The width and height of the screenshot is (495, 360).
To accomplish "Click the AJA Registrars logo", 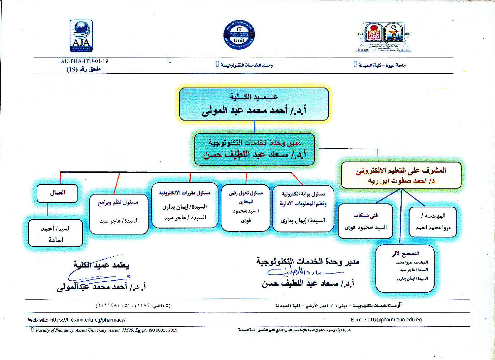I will click(x=81, y=36).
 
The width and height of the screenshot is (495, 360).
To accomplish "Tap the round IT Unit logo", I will click(x=239, y=35).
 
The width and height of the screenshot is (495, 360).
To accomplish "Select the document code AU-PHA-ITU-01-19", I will click(x=84, y=61).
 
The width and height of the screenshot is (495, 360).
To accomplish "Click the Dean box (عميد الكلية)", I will click(x=254, y=104).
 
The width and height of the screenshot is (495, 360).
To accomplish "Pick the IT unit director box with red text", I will click(x=254, y=149).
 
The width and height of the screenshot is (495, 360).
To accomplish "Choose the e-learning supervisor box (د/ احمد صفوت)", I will click(x=401, y=175).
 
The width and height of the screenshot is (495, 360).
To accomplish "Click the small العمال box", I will click(x=57, y=193).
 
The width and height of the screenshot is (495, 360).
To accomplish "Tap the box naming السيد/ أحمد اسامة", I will click(x=55, y=234).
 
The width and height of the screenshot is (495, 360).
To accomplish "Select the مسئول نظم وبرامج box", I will click(x=119, y=214).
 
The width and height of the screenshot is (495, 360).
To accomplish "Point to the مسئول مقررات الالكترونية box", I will click(x=185, y=205).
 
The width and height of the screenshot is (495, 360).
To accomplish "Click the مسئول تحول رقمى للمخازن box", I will click(x=246, y=207).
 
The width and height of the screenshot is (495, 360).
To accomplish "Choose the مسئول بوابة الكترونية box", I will click(x=303, y=208).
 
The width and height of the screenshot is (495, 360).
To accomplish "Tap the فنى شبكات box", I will click(x=365, y=221).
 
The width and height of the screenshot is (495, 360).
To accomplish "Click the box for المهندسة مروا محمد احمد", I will click(x=433, y=222).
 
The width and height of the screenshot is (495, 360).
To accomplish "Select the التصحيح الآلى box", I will click(x=405, y=268).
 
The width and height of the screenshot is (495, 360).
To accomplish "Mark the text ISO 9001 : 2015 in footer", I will click(x=163, y=330).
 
